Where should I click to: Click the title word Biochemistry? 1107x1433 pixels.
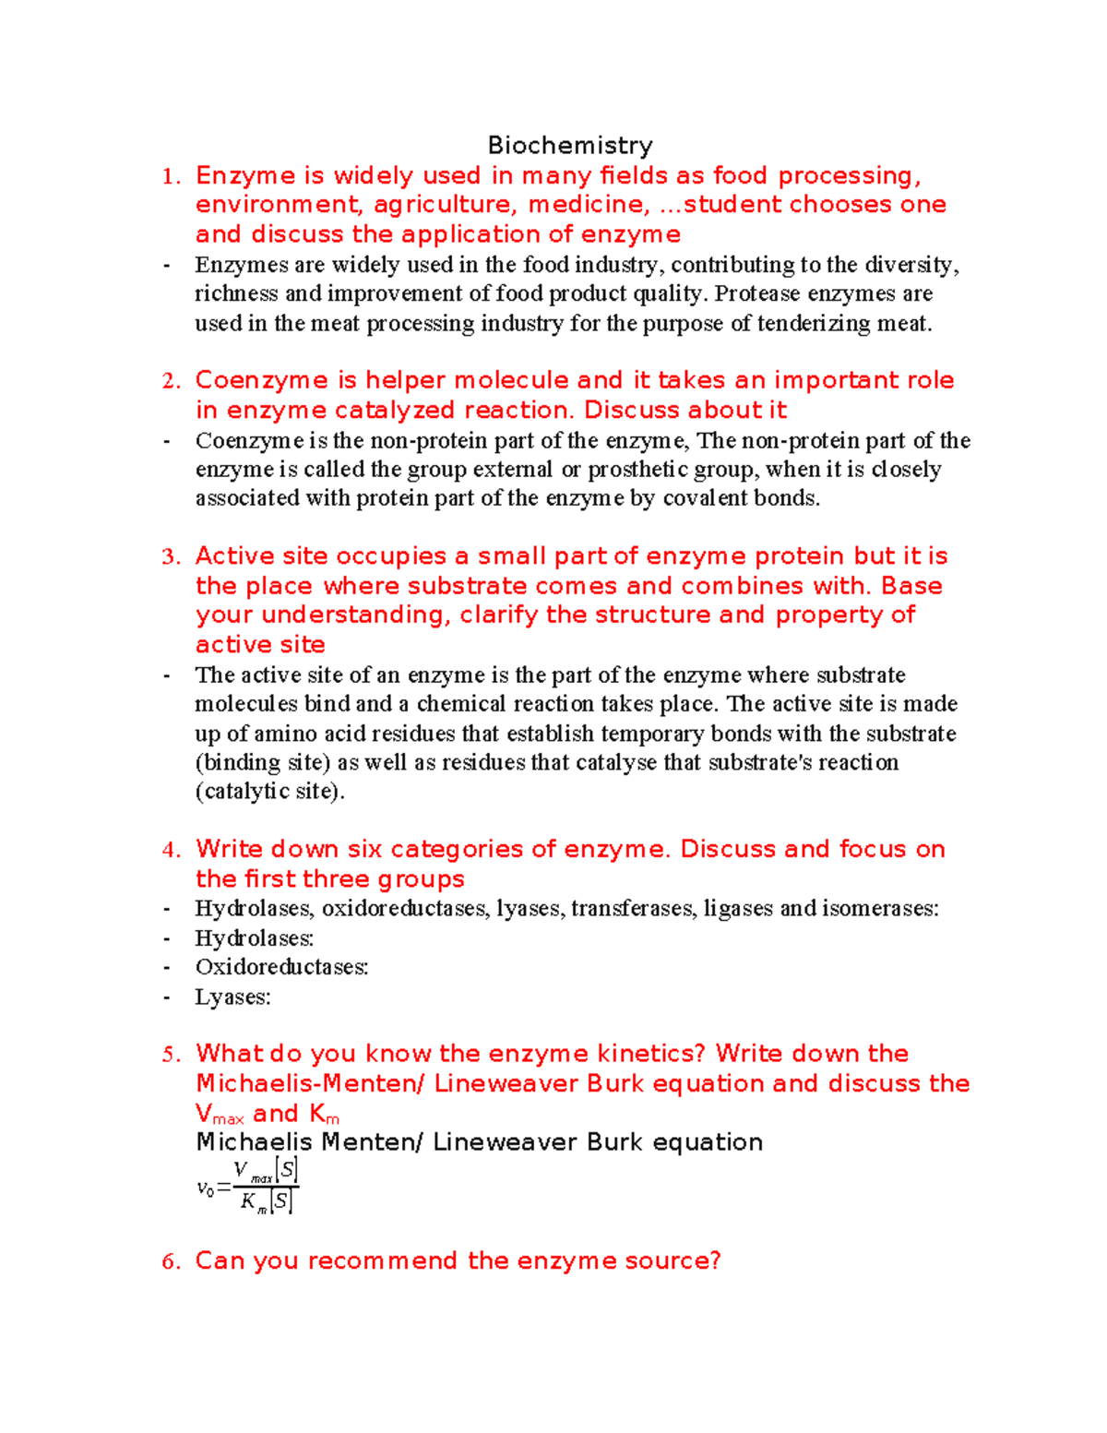570,146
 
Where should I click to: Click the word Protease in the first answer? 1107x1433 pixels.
757,293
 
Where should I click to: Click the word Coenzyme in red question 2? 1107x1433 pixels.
262,380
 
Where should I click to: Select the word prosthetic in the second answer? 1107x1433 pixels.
638,469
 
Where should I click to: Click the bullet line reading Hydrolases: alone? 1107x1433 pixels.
254,938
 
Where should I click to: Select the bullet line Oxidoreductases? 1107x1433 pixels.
281,967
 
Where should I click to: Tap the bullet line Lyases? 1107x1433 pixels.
232,997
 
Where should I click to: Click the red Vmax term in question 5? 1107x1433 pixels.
220,1114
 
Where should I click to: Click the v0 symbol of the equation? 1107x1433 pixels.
205,1188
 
